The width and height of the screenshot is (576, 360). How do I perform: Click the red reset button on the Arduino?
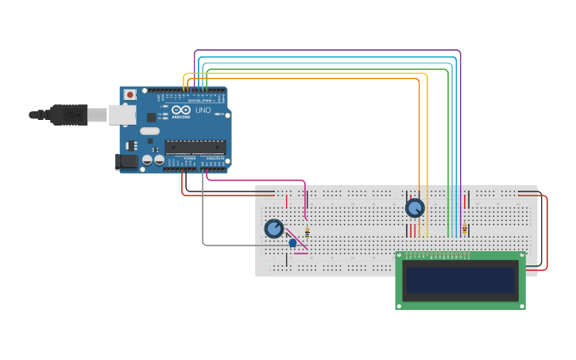[130, 95]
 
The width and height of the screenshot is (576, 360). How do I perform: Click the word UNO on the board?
[203, 110]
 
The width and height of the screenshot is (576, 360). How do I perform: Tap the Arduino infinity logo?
[181, 110]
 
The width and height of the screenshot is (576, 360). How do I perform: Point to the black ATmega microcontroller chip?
[195, 147]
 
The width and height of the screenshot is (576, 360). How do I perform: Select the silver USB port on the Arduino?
[122, 115]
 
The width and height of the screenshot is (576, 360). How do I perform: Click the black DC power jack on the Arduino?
[126, 161]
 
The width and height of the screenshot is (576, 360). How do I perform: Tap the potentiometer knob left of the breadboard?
[274, 229]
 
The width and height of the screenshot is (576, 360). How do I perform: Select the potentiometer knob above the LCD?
[415, 208]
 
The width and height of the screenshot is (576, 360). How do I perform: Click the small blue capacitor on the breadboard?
[292, 242]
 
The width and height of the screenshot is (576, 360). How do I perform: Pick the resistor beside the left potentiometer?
[307, 232]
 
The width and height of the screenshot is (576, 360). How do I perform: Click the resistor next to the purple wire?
[465, 229]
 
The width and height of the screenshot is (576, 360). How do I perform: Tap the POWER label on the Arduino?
[189, 159]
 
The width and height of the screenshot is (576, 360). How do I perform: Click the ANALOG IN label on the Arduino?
[215, 159]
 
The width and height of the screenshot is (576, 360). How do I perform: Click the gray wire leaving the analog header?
[203, 215]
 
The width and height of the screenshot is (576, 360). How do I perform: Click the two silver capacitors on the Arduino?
[153, 161]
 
